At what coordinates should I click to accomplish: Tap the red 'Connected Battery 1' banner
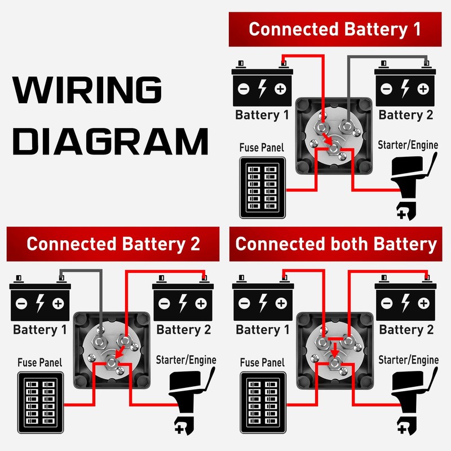(334, 29)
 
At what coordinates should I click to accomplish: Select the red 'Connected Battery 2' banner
(113, 244)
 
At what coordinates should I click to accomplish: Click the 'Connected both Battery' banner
(336, 244)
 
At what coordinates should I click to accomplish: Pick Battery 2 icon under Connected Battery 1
(405, 87)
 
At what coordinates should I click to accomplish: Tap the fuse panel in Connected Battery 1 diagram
(262, 188)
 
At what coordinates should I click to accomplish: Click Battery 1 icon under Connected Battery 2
(39, 302)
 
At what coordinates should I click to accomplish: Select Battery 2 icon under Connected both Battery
(405, 302)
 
